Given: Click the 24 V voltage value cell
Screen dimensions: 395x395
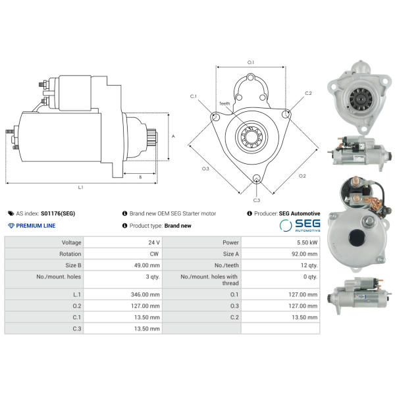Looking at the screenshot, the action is point(154,242).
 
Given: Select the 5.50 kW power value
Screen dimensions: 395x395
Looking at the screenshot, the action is point(307,242).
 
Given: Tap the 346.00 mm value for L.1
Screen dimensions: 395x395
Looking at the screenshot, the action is point(145,294).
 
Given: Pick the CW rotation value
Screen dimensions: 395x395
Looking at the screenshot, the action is point(154,253).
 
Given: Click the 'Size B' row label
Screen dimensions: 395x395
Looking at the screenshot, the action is point(73,265).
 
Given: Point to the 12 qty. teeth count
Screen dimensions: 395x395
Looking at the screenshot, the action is point(309,265).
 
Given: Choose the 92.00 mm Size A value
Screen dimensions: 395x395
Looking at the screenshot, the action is point(305,253).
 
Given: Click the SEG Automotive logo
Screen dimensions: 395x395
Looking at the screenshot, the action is point(300,225).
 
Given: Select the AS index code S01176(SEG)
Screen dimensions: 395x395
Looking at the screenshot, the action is point(58,213).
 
